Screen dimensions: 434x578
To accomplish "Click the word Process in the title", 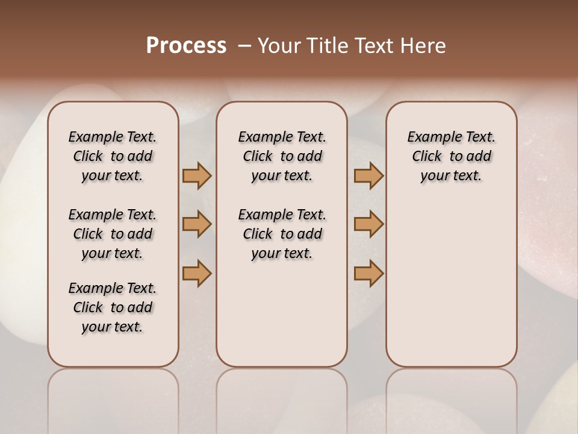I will (x=186, y=46).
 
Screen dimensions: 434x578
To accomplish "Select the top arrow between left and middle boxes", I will (x=197, y=175).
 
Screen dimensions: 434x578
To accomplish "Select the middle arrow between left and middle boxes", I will (x=197, y=224).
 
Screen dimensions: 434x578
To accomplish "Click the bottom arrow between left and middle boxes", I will (x=197, y=273).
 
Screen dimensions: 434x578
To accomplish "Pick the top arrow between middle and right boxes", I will (x=368, y=175).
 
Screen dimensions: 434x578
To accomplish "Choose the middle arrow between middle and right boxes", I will (x=368, y=224).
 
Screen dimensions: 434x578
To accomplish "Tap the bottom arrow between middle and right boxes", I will (x=368, y=273).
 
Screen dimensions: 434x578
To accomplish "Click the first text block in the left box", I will (x=113, y=156).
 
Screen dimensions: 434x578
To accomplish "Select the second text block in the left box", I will (x=113, y=234).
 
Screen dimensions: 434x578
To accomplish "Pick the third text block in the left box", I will (x=113, y=307).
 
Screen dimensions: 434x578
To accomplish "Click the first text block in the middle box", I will (x=282, y=156).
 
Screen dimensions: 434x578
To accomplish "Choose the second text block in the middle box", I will (x=282, y=234).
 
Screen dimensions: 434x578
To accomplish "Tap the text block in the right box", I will (x=452, y=156).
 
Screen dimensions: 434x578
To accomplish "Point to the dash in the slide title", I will (x=244, y=46).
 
